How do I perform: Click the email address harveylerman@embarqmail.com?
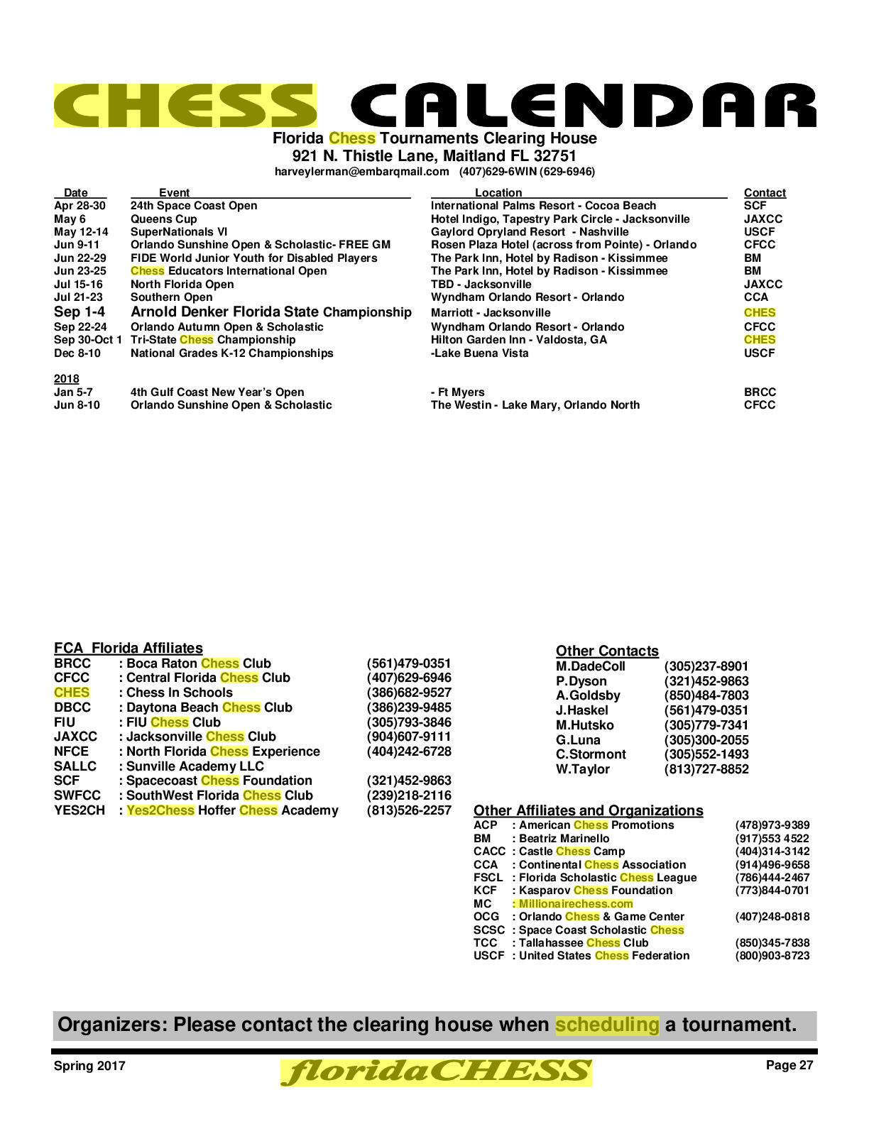pyautogui.click(x=362, y=171)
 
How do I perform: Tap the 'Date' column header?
pyautogui.click(x=76, y=192)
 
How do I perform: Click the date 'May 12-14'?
pyautogui.click(x=81, y=231)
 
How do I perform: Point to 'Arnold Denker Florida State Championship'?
pyautogui.click(x=270, y=312)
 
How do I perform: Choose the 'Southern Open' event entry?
pyautogui.click(x=171, y=297)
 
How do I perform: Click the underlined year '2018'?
pyautogui.click(x=67, y=378)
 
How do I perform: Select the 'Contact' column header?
pyautogui.click(x=765, y=192)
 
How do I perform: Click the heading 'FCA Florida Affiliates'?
pyautogui.click(x=129, y=648)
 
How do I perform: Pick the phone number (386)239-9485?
pyautogui.click(x=408, y=707)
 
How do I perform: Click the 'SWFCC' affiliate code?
pyautogui.click(x=77, y=795)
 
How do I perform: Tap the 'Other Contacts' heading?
pyautogui.click(x=607, y=651)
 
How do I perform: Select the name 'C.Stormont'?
pyautogui.click(x=591, y=754)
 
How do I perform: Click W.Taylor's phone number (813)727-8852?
pyautogui.click(x=706, y=769)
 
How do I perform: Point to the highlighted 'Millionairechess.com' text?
pyautogui.click(x=575, y=903)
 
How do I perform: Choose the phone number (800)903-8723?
pyautogui.click(x=772, y=955)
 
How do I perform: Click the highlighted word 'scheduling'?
pyautogui.click(x=607, y=1025)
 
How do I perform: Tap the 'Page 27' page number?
pyautogui.click(x=789, y=1064)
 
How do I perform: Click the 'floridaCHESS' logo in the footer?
pyautogui.click(x=436, y=1072)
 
